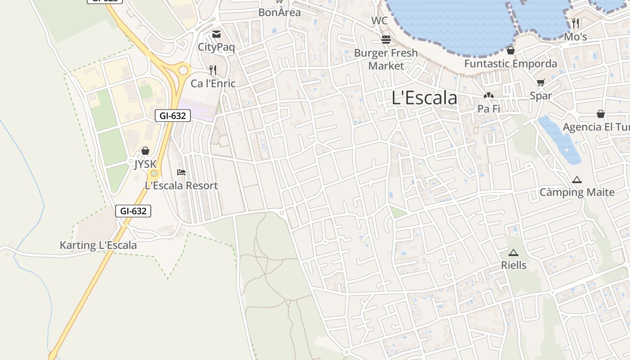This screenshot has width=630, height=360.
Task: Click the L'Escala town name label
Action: [x=424, y=98]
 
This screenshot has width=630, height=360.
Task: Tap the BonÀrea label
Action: [x=279, y=13]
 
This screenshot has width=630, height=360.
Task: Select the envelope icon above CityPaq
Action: [x=216, y=34]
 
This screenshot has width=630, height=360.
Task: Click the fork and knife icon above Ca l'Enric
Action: [x=213, y=70]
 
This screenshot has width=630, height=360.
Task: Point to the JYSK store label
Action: [x=145, y=164]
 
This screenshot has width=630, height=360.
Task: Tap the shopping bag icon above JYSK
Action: [x=145, y=151]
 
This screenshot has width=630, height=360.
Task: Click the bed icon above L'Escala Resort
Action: [x=181, y=172]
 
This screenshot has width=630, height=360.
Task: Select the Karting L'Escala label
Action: [x=98, y=245]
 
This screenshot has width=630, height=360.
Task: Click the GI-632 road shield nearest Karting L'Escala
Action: [x=133, y=211]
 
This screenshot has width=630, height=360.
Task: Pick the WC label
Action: [x=379, y=21]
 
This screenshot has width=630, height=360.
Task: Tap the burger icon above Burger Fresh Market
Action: [x=386, y=40]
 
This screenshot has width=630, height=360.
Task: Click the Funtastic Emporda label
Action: [x=510, y=63]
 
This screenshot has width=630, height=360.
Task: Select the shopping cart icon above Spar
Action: [x=540, y=82]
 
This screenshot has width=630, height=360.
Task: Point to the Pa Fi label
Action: [x=489, y=108]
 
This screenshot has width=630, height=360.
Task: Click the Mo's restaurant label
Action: [x=576, y=37]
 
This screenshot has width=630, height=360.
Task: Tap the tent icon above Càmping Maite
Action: [x=577, y=180]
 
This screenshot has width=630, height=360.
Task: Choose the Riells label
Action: [x=513, y=265]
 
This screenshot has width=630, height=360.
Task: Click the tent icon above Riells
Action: [x=513, y=252]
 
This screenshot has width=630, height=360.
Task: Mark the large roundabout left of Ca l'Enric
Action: [x=183, y=70]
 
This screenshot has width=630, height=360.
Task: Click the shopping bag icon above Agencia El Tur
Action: [x=600, y=113]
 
